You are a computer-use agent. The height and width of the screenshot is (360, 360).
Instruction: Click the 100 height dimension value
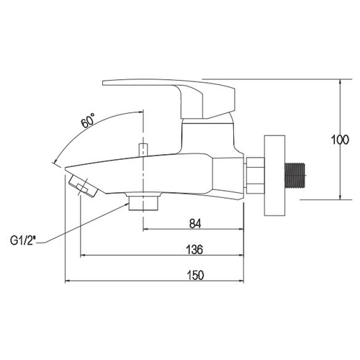click(340, 140)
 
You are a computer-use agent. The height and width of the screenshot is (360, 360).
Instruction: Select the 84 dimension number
click(195, 224)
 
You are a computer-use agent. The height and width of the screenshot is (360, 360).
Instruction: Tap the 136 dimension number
click(194, 250)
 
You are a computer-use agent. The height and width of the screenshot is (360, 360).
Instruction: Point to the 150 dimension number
click(195, 275)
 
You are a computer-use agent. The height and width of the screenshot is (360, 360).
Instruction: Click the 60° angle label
click(88, 120)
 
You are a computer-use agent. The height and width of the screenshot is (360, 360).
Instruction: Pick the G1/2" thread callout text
click(23, 240)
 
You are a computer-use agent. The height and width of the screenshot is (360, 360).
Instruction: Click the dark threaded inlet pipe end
click(294, 176)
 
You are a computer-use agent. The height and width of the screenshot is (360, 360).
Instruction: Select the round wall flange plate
click(274, 175)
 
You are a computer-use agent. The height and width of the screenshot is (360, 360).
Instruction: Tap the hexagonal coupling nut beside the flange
click(254, 176)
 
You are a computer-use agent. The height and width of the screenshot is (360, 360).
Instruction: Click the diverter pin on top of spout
click(143, 150)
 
